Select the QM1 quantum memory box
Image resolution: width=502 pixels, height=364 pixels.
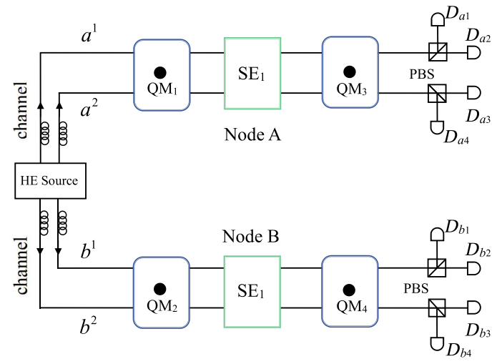click(x=162, y=74)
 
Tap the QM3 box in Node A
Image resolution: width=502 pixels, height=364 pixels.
click(x=350, y=74)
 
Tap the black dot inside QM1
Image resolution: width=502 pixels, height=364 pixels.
click(x=161, y=72)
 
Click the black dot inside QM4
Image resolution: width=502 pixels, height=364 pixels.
click(x=350, y=289)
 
